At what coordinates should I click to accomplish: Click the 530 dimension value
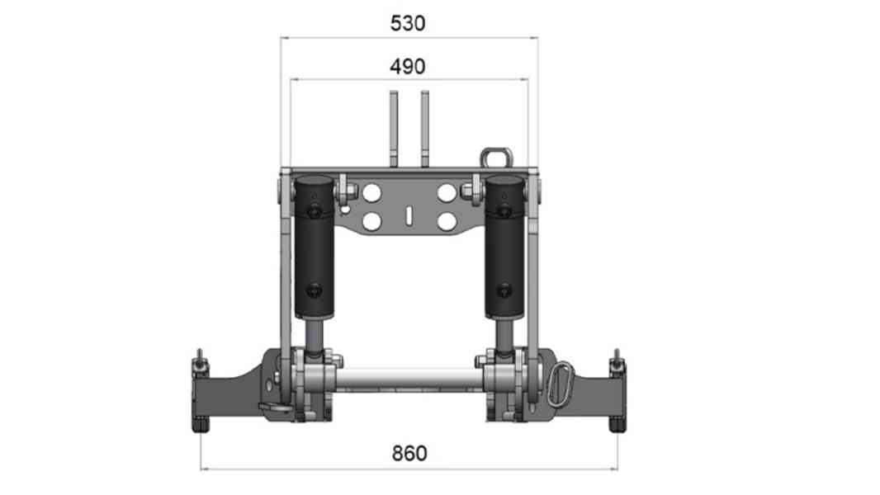(x=408, y=23)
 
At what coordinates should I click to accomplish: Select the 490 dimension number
(x=408, y=66)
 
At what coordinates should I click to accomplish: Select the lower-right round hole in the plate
(x=447, y=221)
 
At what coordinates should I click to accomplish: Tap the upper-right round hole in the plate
(x=447, y=193)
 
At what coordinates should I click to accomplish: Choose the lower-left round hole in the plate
(x=371, y=221)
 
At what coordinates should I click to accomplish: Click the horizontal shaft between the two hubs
(x=409, y=379)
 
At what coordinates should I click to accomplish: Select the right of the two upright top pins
(x=425, y=128)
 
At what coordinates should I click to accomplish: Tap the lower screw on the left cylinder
(x=315, y=290)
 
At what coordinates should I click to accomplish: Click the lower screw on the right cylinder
(x=503, y=290)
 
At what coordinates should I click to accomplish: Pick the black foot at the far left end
(x=199, y=425)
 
